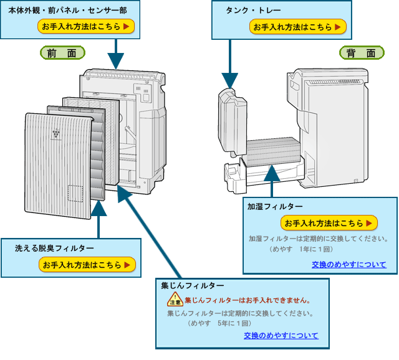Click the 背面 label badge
[362, 54]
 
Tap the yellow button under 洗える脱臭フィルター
[87, 265]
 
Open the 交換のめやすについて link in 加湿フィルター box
[349, 265]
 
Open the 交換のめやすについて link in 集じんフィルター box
[281, 336]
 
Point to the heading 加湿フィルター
[275, 207]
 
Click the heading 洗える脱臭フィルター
[54, 249]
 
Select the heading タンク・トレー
[254, 11]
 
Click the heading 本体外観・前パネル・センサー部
[67, 11]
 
